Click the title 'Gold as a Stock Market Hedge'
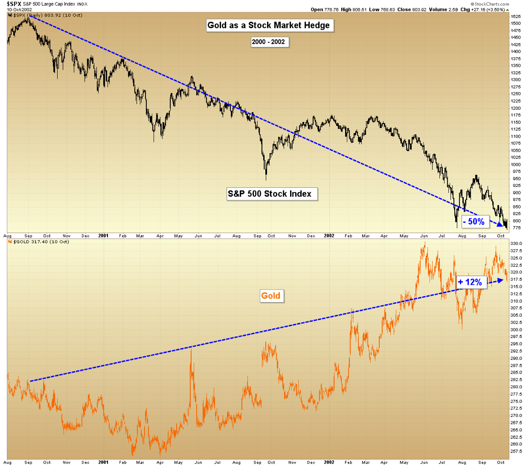pyautogui.click(x=270, y=26)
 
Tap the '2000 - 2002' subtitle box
pyautogui.click(x=270, y=42)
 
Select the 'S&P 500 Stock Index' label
pyautogui.click(x=270, y=193)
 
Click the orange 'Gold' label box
pyautogui.click(x=271, y=296)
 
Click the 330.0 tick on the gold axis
pyautogui.click(x=515, y=244)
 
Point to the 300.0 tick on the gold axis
pyautogui.click(x=515, y=329)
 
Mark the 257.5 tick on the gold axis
pyautogui.click(x=515, y=451)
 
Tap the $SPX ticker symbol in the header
pyautogui.click(x=14, y=3)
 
